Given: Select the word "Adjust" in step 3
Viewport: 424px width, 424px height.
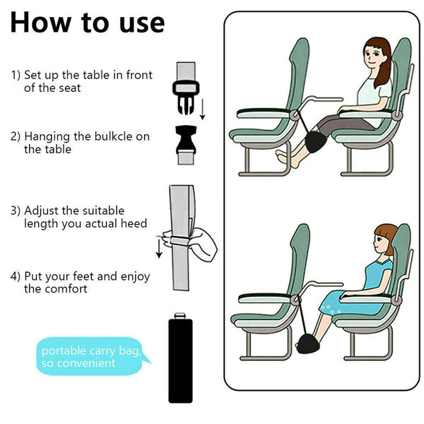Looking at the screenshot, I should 44,211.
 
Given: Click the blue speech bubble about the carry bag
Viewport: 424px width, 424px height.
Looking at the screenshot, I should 89,356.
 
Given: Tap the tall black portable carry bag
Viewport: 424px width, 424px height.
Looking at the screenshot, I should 182,360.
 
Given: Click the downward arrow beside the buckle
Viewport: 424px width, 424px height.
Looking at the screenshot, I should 202,108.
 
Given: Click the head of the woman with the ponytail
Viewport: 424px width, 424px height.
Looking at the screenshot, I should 377,54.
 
